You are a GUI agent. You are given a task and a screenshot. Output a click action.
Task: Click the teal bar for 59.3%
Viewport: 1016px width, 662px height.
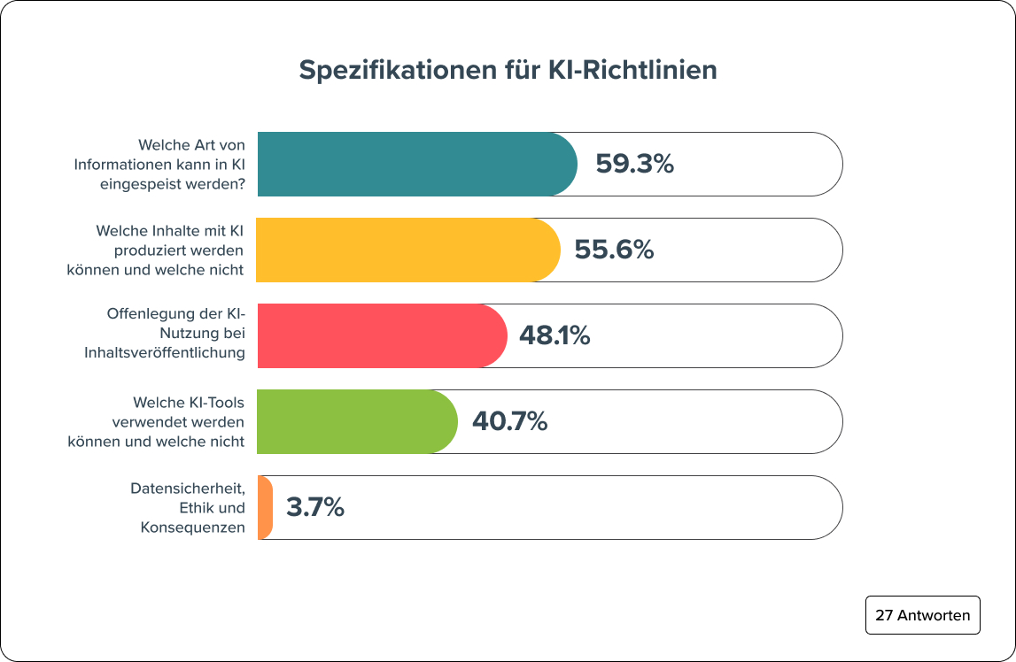coord(416,164)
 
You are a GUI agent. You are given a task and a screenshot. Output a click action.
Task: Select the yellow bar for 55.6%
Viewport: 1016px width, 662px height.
coord(407,250)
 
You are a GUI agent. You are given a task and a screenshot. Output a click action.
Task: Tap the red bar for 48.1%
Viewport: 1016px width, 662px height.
coord(381,335)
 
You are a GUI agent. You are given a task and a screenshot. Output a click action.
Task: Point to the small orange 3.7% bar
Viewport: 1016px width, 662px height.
coord(265,507)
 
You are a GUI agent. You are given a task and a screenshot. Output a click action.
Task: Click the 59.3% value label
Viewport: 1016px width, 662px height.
coord(634,164)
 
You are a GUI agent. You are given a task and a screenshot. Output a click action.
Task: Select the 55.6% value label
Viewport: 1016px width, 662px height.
coord(614,250)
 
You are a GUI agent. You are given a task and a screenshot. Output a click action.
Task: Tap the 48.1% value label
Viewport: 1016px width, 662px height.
coord(554,335)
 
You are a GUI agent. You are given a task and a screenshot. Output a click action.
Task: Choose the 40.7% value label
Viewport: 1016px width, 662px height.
coord(509,421)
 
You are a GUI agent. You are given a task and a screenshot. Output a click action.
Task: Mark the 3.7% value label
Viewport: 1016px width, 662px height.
coord(314,507)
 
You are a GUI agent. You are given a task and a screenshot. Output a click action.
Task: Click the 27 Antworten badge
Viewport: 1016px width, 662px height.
coord(922,615)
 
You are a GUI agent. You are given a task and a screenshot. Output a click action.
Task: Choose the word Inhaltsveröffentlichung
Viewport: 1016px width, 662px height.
coord(164,352)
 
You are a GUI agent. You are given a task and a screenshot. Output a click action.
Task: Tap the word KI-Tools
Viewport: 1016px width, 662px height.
coord(213,403)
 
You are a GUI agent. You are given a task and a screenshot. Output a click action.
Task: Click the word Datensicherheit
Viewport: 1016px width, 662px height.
coord(187,489)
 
